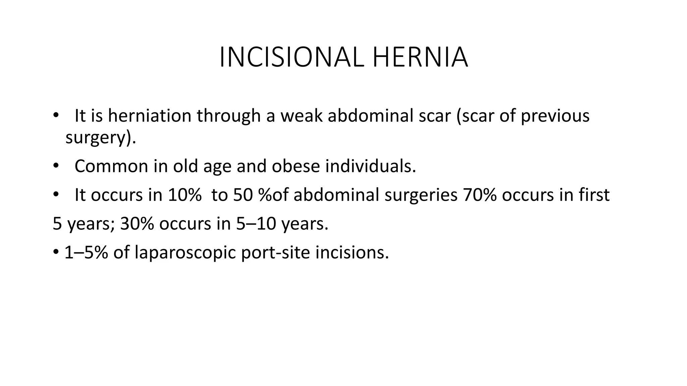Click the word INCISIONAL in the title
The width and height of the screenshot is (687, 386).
click(x=291, y=58)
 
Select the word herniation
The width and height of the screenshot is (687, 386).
click(x=150, y=116)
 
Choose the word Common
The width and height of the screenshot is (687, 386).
click(x=111, y=166)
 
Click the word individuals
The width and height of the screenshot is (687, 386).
click(x=370, y=166)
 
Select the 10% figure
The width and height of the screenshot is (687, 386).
click(x=184, y=195)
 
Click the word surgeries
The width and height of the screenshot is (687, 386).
click(x=421, y=195)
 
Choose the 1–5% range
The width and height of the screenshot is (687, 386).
click(x=86, y=252)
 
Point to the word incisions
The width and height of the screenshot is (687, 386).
click(x=352, y=252)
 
